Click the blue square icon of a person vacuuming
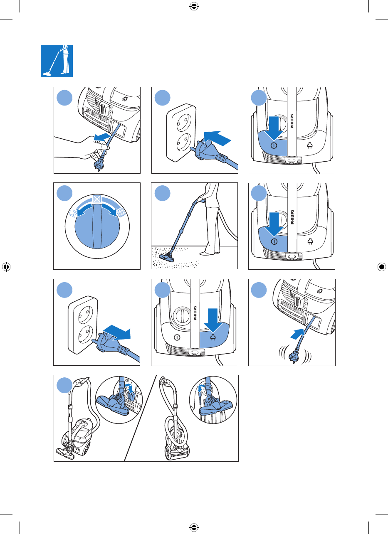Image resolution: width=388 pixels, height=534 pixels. point(57,61)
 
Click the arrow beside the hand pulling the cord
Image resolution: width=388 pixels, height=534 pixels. point(102,137)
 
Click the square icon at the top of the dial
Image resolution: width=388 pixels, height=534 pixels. point(96,198)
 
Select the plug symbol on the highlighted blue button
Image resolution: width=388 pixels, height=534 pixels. point(213,337)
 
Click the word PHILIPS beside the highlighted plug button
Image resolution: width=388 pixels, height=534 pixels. point(195,313)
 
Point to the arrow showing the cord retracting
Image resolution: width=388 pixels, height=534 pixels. point(298,334)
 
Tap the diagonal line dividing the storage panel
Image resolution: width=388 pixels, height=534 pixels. point(140,418)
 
